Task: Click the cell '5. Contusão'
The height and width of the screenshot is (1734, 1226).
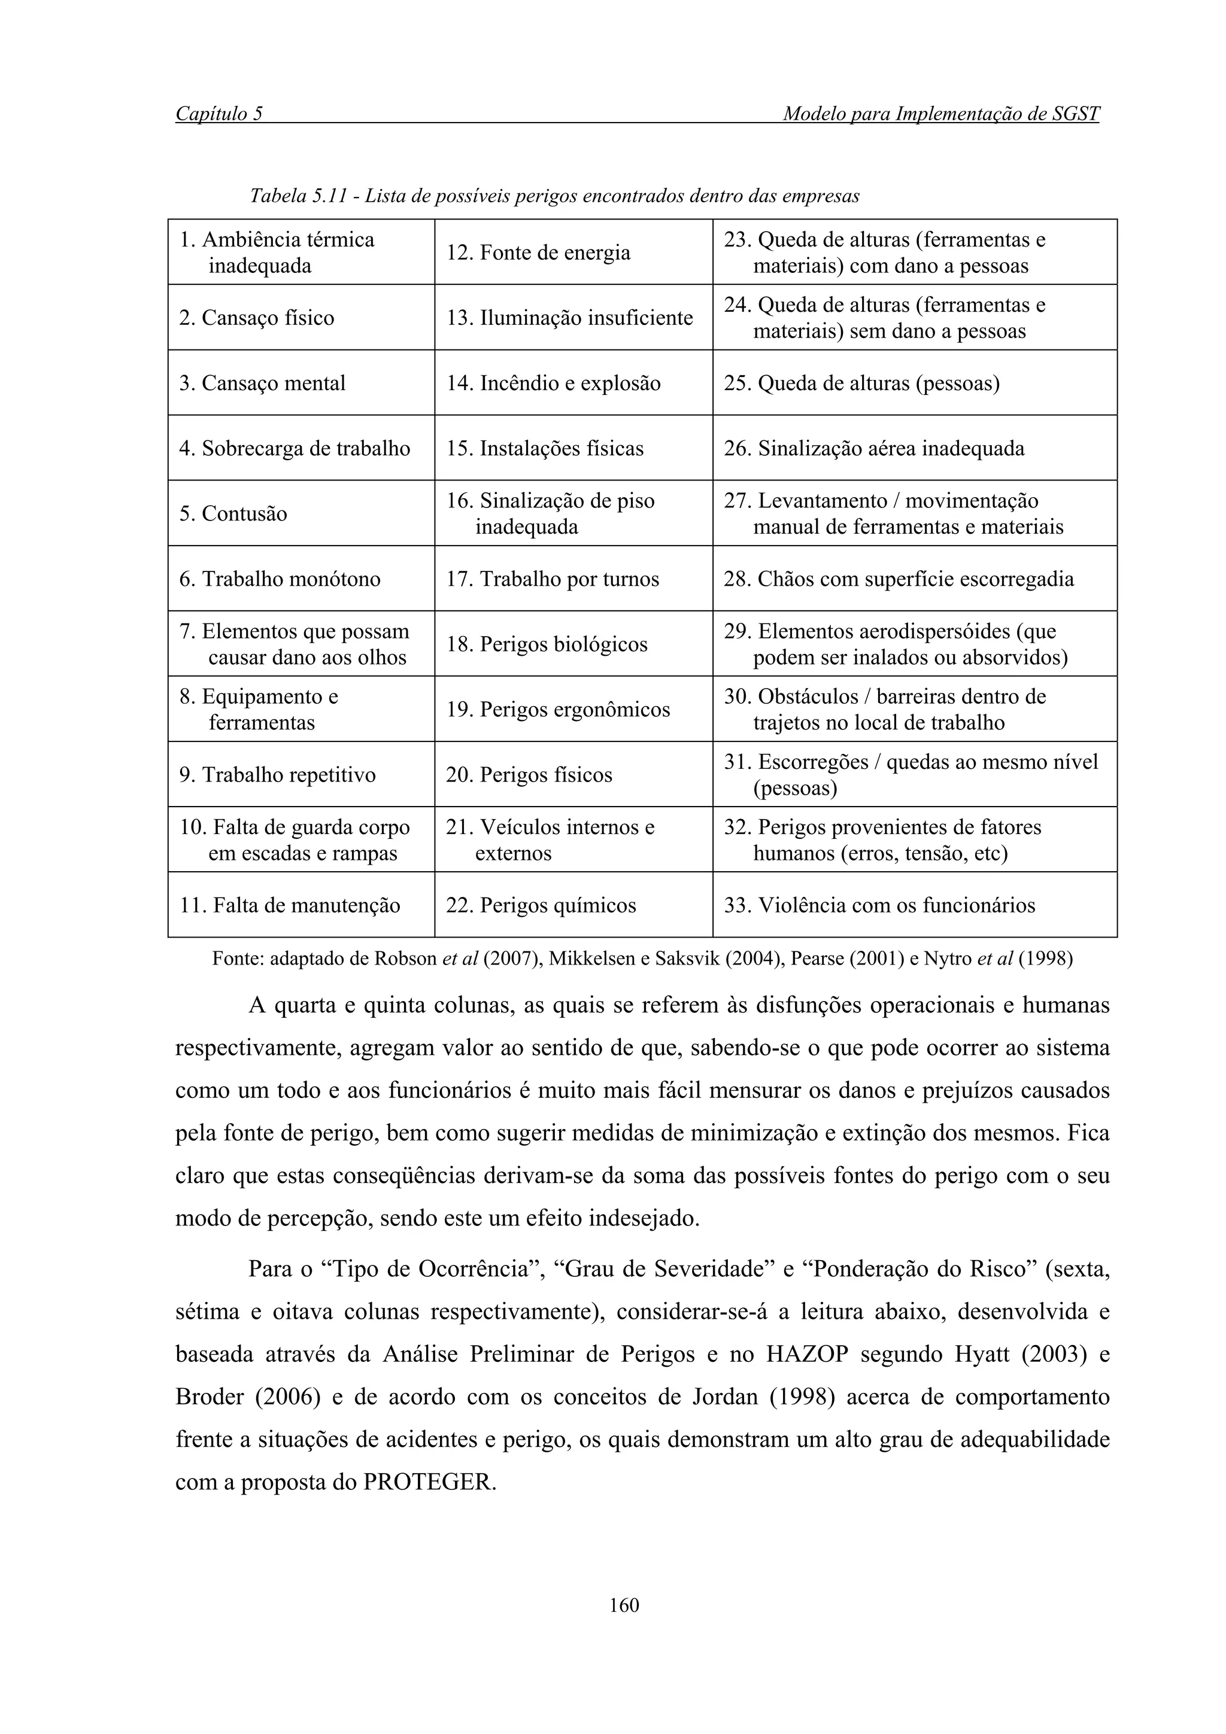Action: (301, 513)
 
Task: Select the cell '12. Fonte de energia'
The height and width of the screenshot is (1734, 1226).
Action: (573, 253)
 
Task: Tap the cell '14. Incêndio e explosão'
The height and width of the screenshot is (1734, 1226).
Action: (573, 383)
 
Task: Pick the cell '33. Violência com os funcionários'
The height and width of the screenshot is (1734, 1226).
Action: (914, 905)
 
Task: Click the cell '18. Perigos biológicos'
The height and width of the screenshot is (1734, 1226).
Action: (573, 644)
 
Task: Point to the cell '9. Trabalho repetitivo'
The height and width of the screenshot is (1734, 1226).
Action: (301, 775)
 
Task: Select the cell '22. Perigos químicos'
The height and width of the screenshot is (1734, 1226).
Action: (573, 905)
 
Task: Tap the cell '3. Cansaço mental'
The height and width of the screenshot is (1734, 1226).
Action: (301, 383)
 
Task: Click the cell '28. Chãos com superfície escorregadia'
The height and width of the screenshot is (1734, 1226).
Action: (914, 579)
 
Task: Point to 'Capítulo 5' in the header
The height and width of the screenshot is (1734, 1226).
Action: (219, 114)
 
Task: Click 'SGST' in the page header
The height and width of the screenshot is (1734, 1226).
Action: (1074, 114)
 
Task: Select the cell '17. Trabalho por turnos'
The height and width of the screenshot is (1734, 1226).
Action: (573, 579)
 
